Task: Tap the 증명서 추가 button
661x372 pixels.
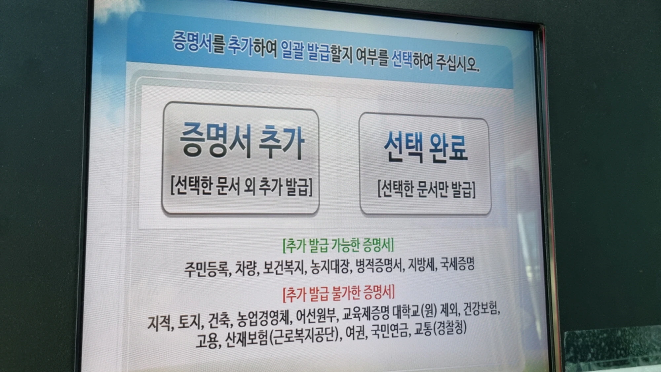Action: pos(241,158)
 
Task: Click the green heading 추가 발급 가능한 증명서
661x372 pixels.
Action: pos(338,245)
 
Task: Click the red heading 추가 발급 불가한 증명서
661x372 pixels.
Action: pos(338,293)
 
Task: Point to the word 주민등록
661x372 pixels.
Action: pos(207,269)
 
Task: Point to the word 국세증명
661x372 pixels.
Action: pos(457,264)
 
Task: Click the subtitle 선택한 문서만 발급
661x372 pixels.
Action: pos(426,189)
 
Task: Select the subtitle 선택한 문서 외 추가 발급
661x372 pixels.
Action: pos(241,186)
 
